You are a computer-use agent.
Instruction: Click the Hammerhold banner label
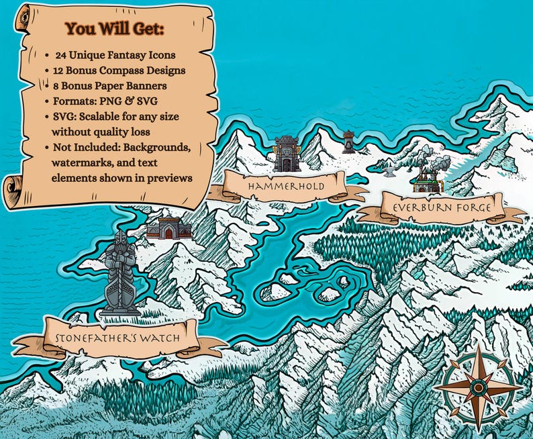coord(286,186)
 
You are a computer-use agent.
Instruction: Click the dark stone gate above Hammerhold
coord(287,154)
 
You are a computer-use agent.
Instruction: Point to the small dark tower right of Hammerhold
coord(348,142)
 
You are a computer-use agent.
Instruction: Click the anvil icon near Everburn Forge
coord(389,172)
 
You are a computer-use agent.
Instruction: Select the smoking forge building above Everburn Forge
coord(426,176)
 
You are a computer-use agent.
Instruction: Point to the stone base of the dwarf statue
coord(120,311)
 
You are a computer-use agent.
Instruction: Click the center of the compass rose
coord(478,387)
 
